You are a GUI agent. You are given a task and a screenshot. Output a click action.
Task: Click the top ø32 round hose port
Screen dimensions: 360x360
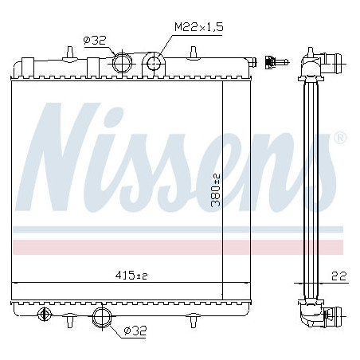(123, 61)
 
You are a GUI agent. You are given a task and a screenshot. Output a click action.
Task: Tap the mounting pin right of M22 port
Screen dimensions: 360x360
(195, 53)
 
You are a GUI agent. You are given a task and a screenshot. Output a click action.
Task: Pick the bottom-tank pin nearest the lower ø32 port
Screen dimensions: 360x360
(71, 322)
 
